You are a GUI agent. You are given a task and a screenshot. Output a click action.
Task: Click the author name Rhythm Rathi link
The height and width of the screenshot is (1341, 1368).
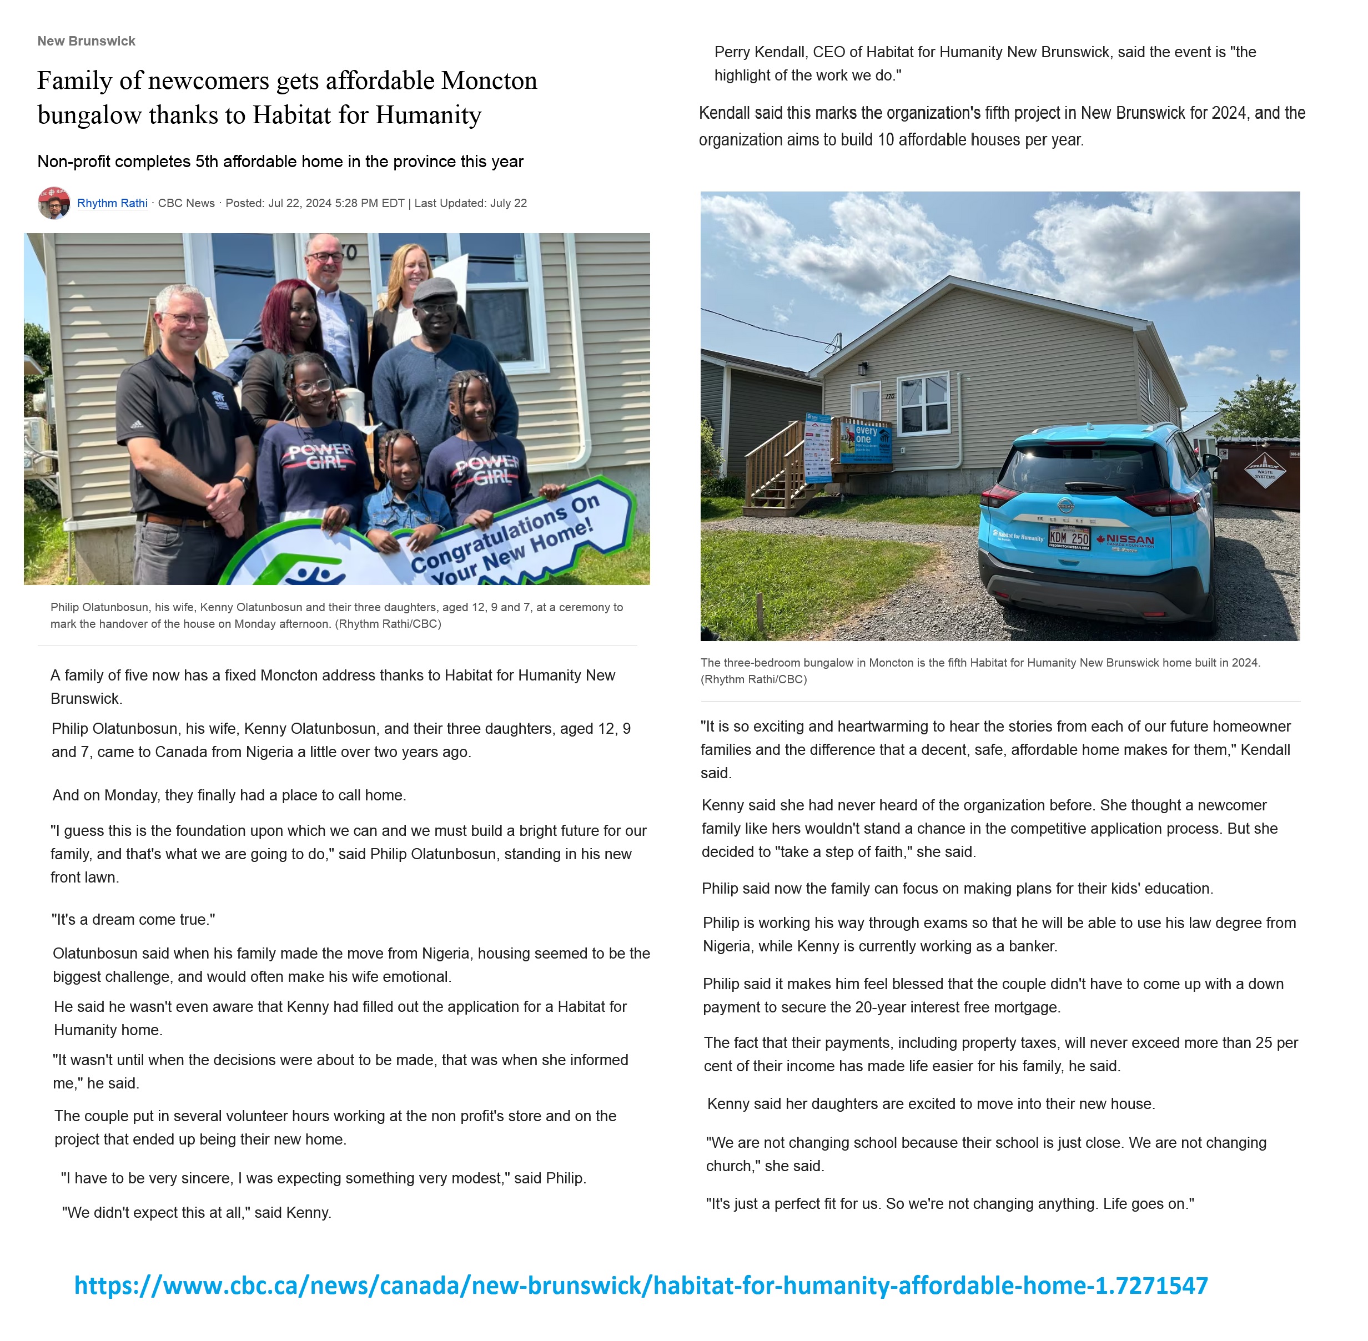pos(112,203)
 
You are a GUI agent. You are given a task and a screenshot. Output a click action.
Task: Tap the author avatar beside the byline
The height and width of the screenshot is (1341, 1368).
pos(53,203)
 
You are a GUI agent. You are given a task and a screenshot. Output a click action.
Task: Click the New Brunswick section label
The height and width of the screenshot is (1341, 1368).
pos(86,41)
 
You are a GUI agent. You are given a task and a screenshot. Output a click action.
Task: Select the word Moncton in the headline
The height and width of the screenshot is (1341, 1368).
pos(489,80)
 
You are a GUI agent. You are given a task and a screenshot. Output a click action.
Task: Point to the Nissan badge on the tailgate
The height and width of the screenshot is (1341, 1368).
pos(1065,505)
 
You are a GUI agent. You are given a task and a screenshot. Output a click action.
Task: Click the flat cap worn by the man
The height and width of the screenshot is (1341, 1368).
pos(435,289)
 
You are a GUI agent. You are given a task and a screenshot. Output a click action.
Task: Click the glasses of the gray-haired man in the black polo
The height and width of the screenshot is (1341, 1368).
pos(184,319)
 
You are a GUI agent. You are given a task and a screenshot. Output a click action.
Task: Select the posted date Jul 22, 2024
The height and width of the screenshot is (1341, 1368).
pos(299,203)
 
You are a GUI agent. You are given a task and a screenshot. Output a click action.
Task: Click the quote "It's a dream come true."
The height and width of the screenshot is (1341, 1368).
pos(133,919)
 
